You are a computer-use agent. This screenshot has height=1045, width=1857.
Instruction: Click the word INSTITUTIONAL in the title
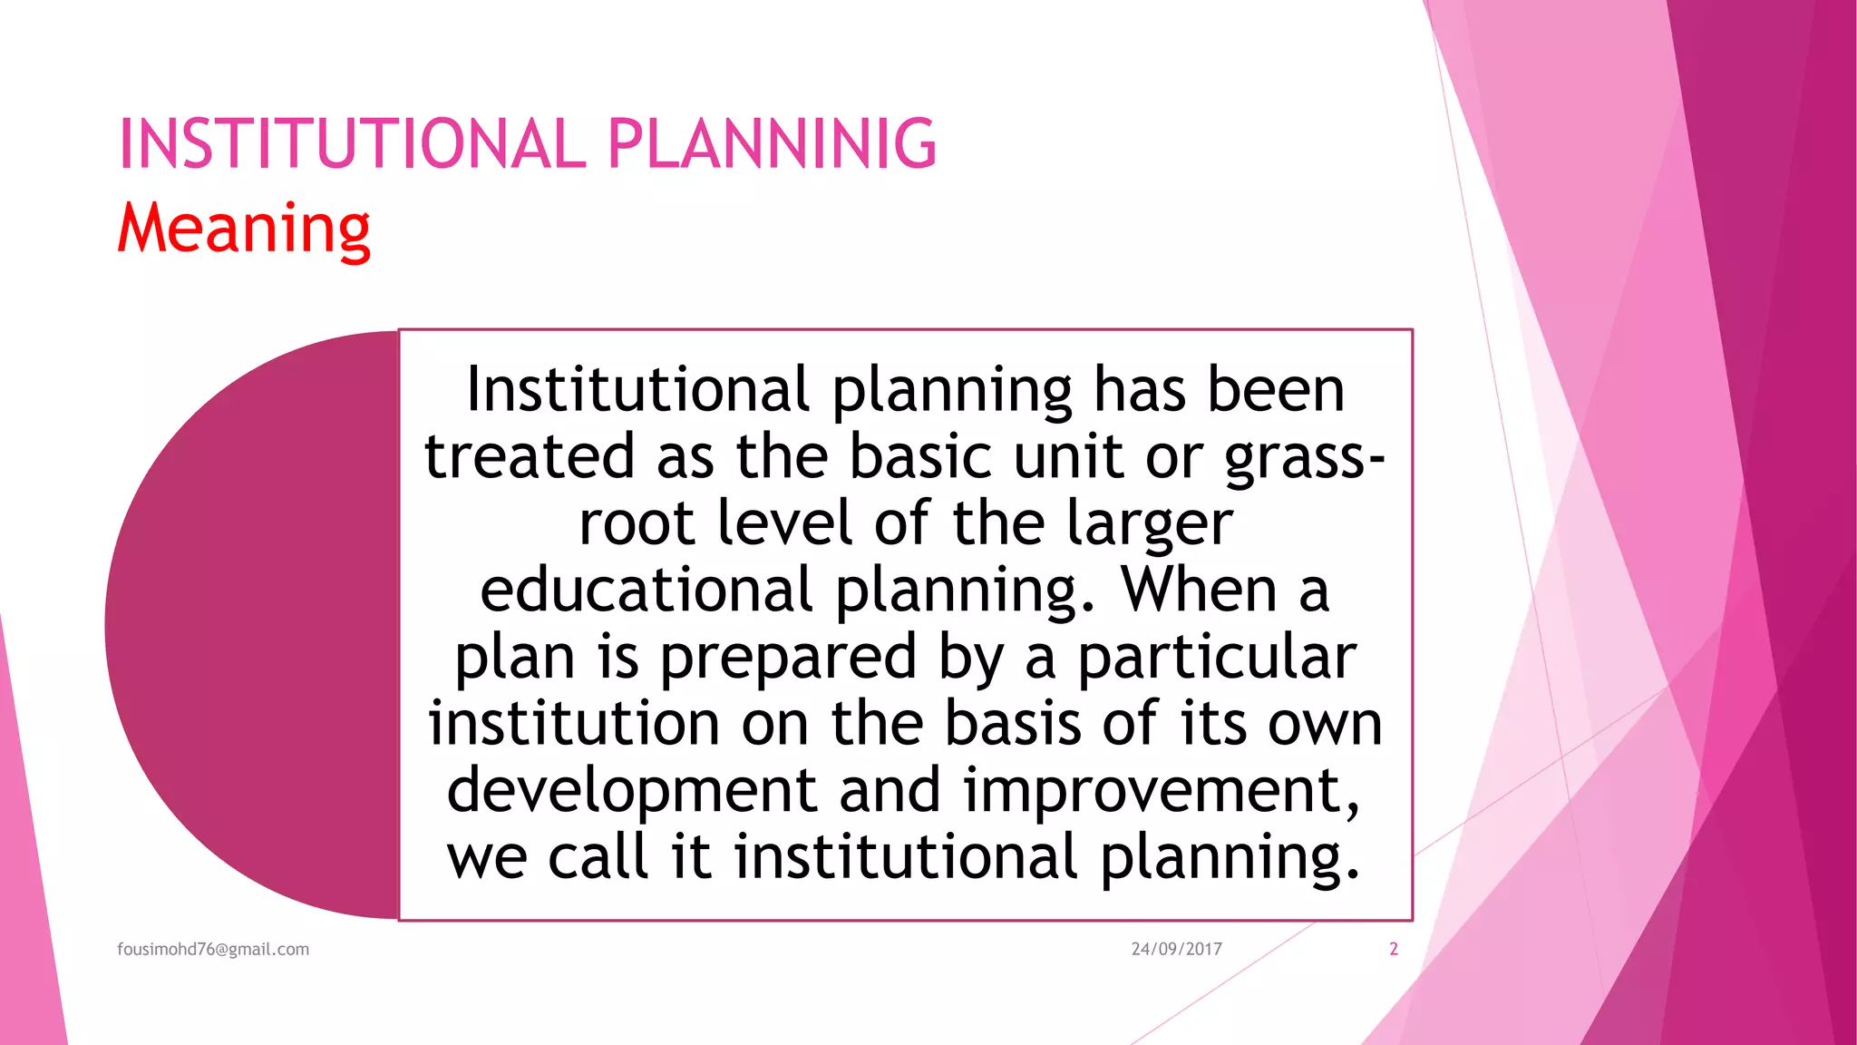coord(353,144)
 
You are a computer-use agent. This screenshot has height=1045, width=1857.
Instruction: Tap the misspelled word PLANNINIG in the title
coord(772,144)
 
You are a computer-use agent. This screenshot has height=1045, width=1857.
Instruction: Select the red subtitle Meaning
coord(244,228)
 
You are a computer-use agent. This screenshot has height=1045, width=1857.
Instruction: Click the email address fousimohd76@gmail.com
coord(213,949)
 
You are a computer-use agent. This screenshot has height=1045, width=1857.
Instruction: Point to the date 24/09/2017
coord(1176,949)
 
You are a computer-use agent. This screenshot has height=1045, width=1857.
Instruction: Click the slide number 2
coord(1394,949)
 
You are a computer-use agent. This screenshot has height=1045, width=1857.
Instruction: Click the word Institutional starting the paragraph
coord(637,389)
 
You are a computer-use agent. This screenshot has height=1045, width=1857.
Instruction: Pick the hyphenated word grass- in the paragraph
coord(1304,456)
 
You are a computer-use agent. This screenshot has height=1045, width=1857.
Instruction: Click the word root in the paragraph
coord(636,523)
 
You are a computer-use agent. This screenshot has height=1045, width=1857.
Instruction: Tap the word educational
coord(646,591)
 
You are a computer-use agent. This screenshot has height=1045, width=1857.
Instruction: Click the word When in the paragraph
coord(1199,591)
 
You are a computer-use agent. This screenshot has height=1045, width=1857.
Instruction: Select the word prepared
coord(787,658)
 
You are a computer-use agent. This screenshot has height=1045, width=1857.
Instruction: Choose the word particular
coord(1216,658)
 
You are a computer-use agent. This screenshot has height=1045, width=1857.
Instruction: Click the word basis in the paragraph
coord(1013,724)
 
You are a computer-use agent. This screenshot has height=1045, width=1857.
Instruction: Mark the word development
coord(632,790)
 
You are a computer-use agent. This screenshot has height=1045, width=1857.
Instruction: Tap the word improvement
coord(1161,790)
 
